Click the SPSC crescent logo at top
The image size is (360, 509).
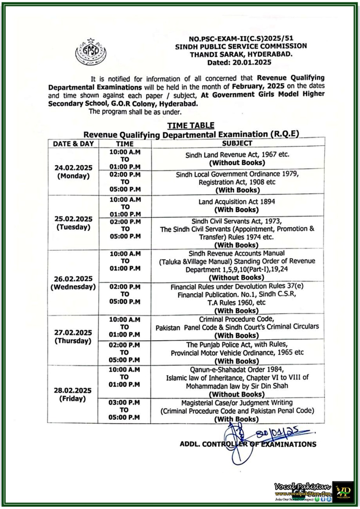[91, 52]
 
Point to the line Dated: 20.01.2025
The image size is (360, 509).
[239, 62]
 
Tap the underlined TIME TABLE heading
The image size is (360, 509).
[191, 125]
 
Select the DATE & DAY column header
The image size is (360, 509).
[73, 144]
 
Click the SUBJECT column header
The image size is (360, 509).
[237, 143]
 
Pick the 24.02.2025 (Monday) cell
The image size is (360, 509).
[73, 172]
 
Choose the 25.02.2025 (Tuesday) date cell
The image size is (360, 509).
[73, 223]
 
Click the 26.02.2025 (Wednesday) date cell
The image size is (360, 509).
[73, 282]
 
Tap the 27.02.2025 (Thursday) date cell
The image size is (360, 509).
[73, 337]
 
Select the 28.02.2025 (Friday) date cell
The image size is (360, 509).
[73, 394]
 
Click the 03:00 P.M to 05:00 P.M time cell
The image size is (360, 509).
[124, 410]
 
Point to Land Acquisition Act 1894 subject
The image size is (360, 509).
[236, 202]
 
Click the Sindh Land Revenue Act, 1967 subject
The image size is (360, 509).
[237, 155]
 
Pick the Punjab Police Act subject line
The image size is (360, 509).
[237, 345]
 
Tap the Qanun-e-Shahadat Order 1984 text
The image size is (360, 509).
[236, 369]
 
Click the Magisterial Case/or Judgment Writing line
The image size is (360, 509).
[237, 403]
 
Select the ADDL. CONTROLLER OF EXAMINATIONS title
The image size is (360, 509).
[248, 444]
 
